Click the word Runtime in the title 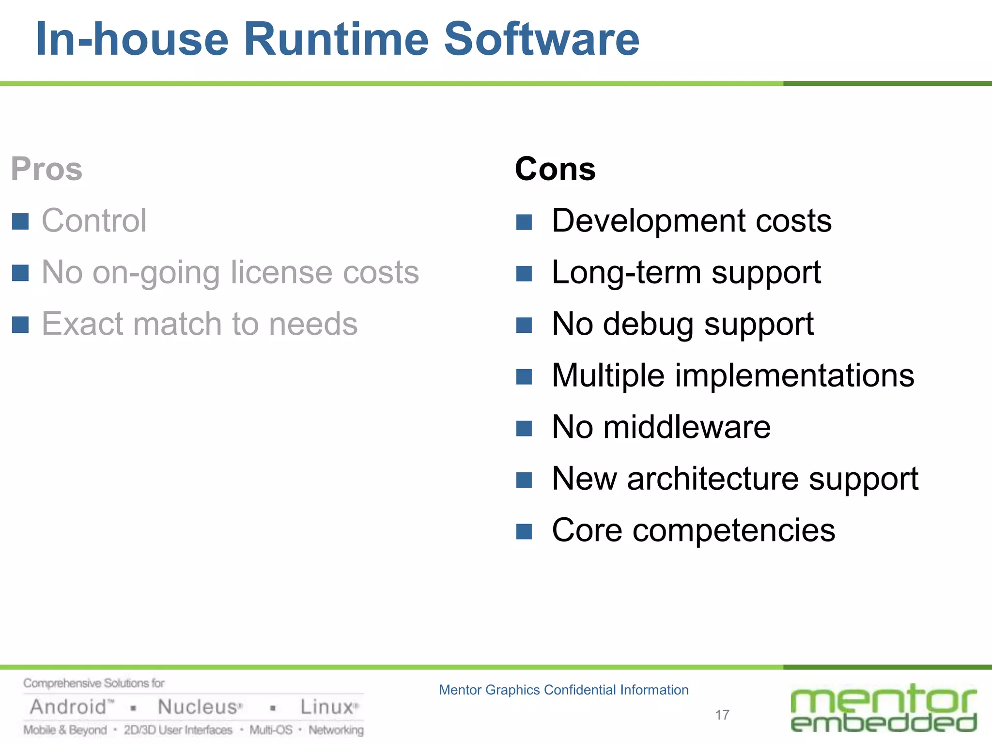(x=336, y=39)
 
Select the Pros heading (x=46, y=169)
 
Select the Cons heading (x=555, y=169)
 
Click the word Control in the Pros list (x=94, y=221)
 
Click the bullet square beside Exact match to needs (x=20, y=325)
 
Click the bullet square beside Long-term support (x=524, y=274)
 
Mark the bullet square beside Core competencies (x=524, y=531)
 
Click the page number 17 (x=722, y=715)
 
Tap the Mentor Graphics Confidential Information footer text (x=563, y=690)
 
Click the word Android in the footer (x=69, y=707)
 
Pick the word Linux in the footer (x=326, y=707)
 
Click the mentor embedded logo (x=883, y=708)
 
